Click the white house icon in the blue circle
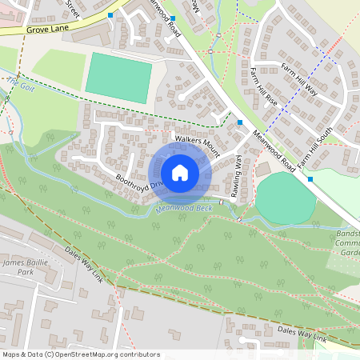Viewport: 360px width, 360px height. (180, 173)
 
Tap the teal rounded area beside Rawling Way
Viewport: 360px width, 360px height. (286, 198)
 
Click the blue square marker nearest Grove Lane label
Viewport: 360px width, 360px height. (110, 15)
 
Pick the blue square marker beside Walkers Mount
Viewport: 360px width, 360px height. (239, 122)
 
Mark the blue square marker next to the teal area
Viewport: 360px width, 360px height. (310, 179)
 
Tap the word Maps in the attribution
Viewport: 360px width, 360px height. (11, 354)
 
